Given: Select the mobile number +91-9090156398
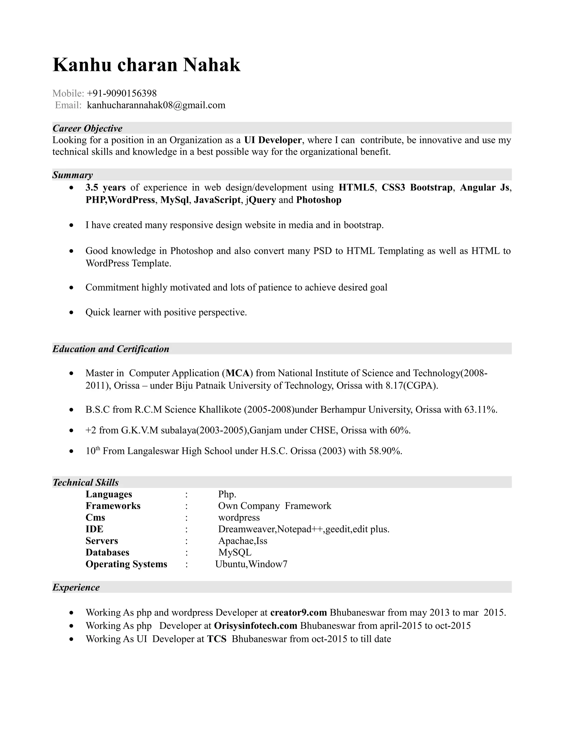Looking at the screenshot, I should [122, 93].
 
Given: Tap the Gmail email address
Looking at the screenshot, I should [156, 105].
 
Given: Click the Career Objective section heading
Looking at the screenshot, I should [88, 128].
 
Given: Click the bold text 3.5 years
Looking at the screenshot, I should [105, 188].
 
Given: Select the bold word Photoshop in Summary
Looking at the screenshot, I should [319, 200].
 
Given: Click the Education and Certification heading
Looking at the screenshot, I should [111, 349].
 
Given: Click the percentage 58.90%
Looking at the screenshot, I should [385, 451].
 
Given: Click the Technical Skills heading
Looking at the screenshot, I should [86, 482].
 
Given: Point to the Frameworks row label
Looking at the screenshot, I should [113, 506].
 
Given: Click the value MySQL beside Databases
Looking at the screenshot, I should [235, 552].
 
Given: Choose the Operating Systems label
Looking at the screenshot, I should [126, 564].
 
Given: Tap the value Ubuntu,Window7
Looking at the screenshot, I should [251, 564].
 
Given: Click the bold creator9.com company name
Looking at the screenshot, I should [298, 613].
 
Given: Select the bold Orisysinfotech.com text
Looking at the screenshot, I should [256, 626].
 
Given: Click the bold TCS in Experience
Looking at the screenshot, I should [216, 639].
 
